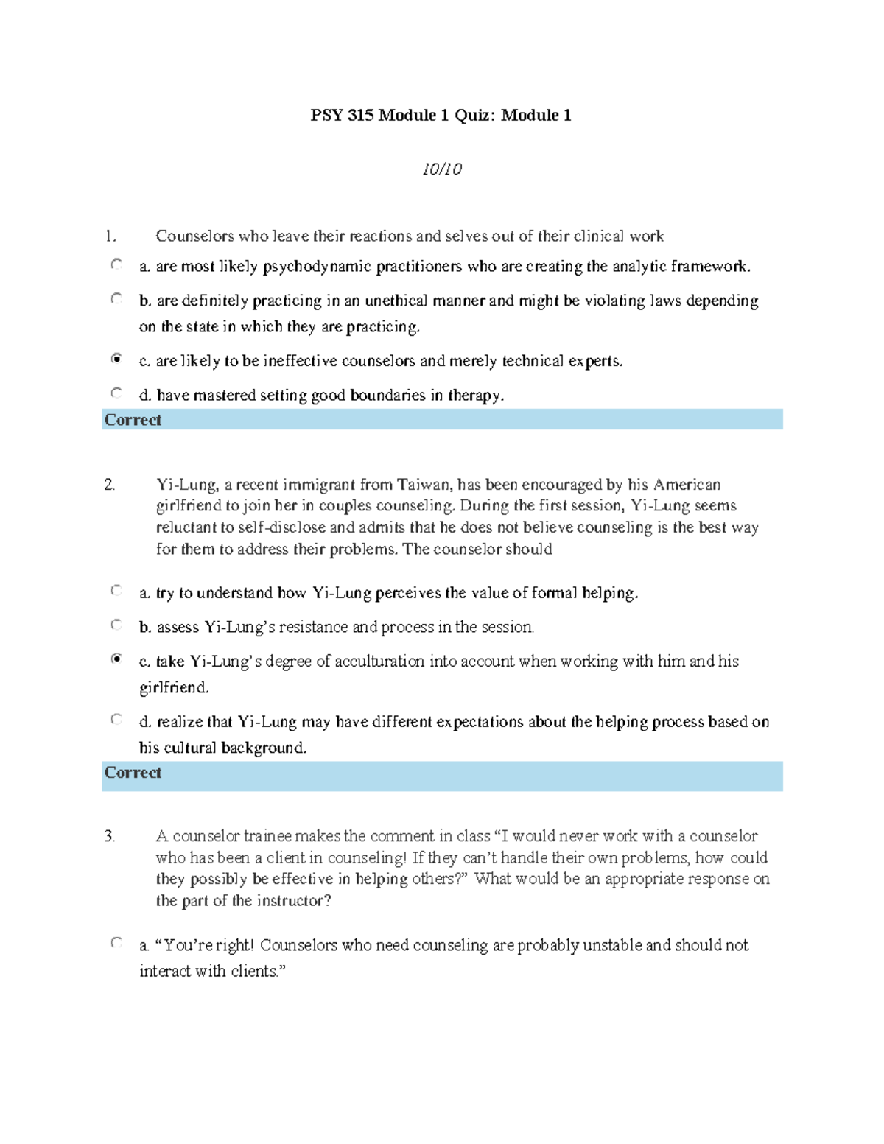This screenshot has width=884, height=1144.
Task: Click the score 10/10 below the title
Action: click(442, 169)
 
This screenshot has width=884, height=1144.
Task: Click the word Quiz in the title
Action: click(474, 115)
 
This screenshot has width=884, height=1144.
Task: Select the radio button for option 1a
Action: click(116, 264)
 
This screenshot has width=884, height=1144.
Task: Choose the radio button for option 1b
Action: click(116, 298)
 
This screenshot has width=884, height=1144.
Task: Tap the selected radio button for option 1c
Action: click(116, 359)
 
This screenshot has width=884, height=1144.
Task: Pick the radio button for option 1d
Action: click(116, 393)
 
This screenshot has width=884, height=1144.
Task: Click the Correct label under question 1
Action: click(133, 420)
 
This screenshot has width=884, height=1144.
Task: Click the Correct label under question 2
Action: click(133, 773)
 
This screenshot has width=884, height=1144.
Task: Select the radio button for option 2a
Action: click(116, 590)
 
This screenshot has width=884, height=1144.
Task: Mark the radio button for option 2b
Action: click(116, 625)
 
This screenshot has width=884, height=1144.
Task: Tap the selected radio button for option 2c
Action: click(116, 659)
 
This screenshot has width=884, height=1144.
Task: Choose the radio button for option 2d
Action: click(116, 719)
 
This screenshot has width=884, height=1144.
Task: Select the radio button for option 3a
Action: click(116, 942)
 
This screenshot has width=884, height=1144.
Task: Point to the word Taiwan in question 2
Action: click(424, 485)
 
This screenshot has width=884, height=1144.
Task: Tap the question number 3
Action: click(109, 836)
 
